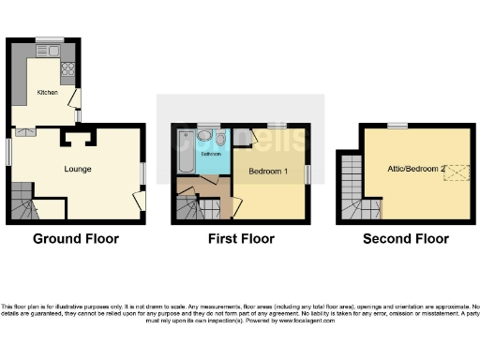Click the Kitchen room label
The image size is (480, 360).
tap(47, 93)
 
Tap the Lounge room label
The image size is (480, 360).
tap(77, 169)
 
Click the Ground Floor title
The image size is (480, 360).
tap(76, 239)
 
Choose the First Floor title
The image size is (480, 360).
tap(241, 239)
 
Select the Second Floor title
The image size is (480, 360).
tap(406, 239)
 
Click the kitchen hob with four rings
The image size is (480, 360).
tap(68, 68)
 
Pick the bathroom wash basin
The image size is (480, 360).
tap(204, 135)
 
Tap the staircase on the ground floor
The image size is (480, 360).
tap(23, 202)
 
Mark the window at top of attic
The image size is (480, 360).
tap(397, 125)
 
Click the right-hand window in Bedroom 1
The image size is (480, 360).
tap(307, 173)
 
